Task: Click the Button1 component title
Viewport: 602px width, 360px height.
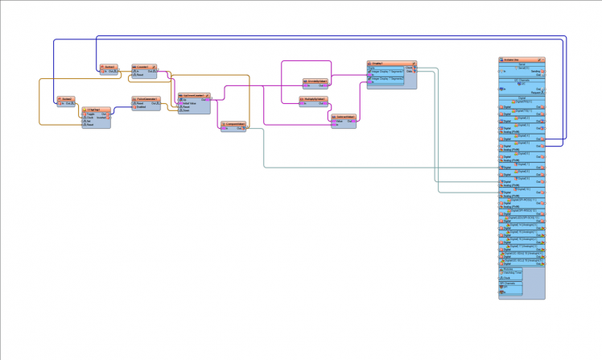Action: (x=109, y=66)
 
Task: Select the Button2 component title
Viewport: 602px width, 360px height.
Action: (x=66, y=99)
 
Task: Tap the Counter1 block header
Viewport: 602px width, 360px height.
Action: (x=144, y=66)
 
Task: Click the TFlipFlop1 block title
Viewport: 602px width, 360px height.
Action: (x=95, y=107)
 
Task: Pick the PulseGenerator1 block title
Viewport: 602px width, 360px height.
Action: (x=146, y=99)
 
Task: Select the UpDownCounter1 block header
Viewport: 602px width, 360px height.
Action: (x=194, y=95)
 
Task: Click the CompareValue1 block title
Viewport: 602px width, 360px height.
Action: (x=234, y=123)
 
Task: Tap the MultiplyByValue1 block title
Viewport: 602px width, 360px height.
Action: (x=314, y=99)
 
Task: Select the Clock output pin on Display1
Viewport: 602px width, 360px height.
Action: (x=410, y=68)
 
